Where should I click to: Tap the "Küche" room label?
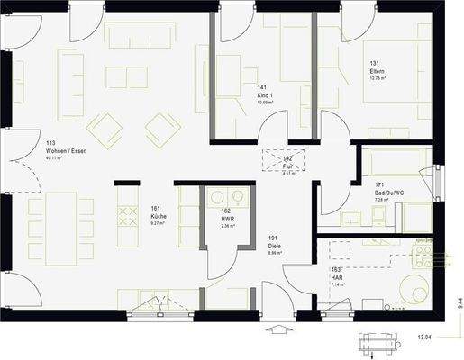pos(157,217)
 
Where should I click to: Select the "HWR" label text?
pos(226,219)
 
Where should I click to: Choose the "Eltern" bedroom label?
pos(377,70)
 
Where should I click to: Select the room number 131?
pos(373,63)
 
